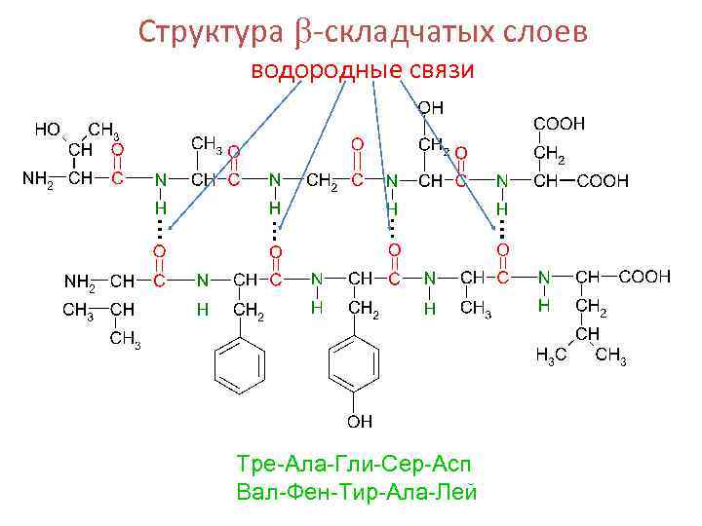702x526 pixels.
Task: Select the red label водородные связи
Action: (363, 71)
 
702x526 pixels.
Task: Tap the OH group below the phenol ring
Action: (360, 422)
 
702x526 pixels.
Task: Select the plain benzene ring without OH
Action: (240, 366)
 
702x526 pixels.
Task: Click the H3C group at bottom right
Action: (550, 357)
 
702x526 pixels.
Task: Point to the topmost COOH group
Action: (559, 124)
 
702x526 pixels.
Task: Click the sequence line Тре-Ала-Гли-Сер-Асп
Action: (358, 461)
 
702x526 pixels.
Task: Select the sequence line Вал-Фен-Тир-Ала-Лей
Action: (358, 490)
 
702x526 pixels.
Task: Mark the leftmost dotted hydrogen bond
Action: (158, 231)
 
